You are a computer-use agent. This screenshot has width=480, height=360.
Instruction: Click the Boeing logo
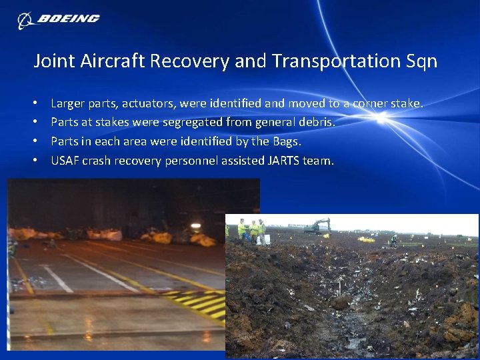tap(59, 19)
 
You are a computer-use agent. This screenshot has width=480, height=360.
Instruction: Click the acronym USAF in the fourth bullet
tap(65, 161)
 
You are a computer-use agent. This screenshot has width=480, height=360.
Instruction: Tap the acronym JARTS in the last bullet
tap(285, 161)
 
